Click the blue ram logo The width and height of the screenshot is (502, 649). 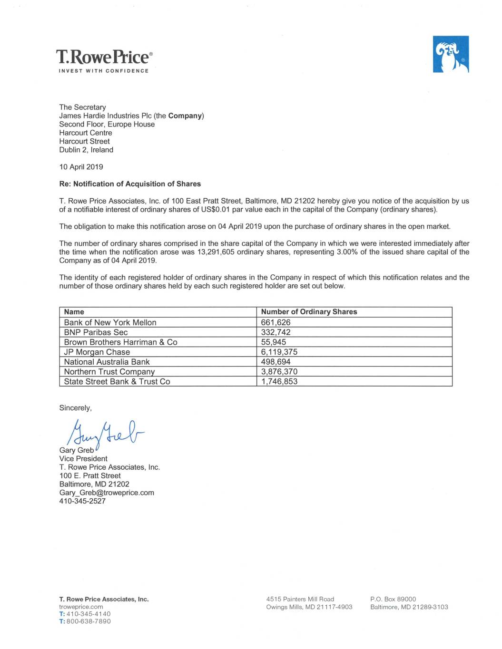coord(451,54)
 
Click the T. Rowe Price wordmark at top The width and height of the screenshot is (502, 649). coord(104,57)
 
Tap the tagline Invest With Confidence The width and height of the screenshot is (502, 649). coord(104,71)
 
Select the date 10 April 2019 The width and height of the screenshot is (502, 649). coord(81,167)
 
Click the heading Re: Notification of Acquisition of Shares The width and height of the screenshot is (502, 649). coord(130,184)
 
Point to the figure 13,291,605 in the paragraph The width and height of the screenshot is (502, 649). coord(216,252)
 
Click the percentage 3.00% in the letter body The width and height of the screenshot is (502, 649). coord(347,252)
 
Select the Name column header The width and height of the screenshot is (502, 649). coord(74,312)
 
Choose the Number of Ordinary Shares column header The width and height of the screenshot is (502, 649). coord(309,312)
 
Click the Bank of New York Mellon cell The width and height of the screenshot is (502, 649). coord(110,322)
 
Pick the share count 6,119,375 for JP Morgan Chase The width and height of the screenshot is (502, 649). coord(279,352)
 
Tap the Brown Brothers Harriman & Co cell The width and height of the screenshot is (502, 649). coord(120,342)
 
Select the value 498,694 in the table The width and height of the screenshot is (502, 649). coord(276,362)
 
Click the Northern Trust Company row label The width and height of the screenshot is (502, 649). coord(109,372)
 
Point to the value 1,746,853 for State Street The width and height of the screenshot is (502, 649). coord(279,381)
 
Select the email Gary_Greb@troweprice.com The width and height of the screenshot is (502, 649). coord(107,493)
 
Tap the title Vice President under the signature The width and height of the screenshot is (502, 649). coord(83,459)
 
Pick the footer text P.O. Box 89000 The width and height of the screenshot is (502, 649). coord(393,599)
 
